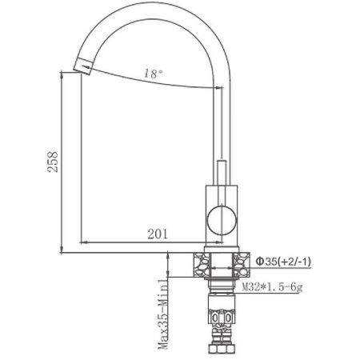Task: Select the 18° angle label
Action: pos(154,73)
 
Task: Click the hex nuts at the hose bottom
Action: pos(220,350)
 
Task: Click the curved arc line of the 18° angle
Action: pos(152,83)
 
